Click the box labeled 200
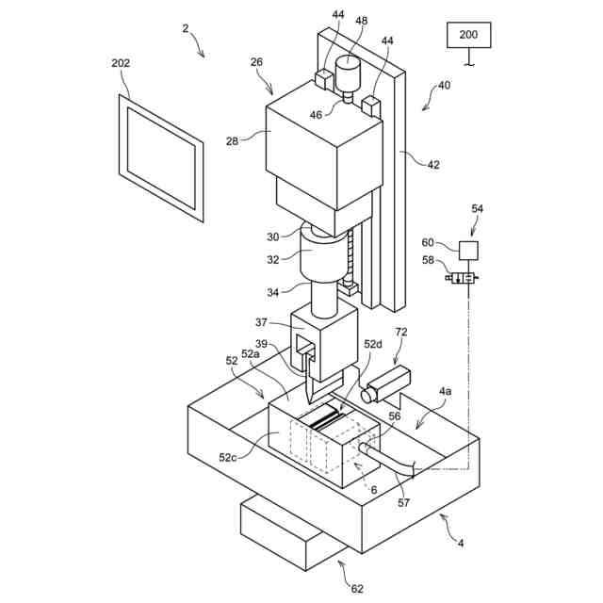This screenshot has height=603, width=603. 468,35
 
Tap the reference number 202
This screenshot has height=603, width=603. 121,63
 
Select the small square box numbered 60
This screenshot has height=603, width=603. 467,250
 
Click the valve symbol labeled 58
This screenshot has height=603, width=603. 462,277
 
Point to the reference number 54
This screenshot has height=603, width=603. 477,208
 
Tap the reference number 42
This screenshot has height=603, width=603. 433,165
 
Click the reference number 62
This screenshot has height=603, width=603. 356,589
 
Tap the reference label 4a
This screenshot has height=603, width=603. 445,389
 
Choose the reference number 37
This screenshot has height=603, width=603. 261,323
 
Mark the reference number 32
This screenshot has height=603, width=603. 272,260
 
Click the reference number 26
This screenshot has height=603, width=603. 256,63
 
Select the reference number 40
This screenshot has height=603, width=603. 444,87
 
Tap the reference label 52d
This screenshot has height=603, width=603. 375,345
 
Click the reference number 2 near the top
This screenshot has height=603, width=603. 186,28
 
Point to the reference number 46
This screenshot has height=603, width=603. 316,115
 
